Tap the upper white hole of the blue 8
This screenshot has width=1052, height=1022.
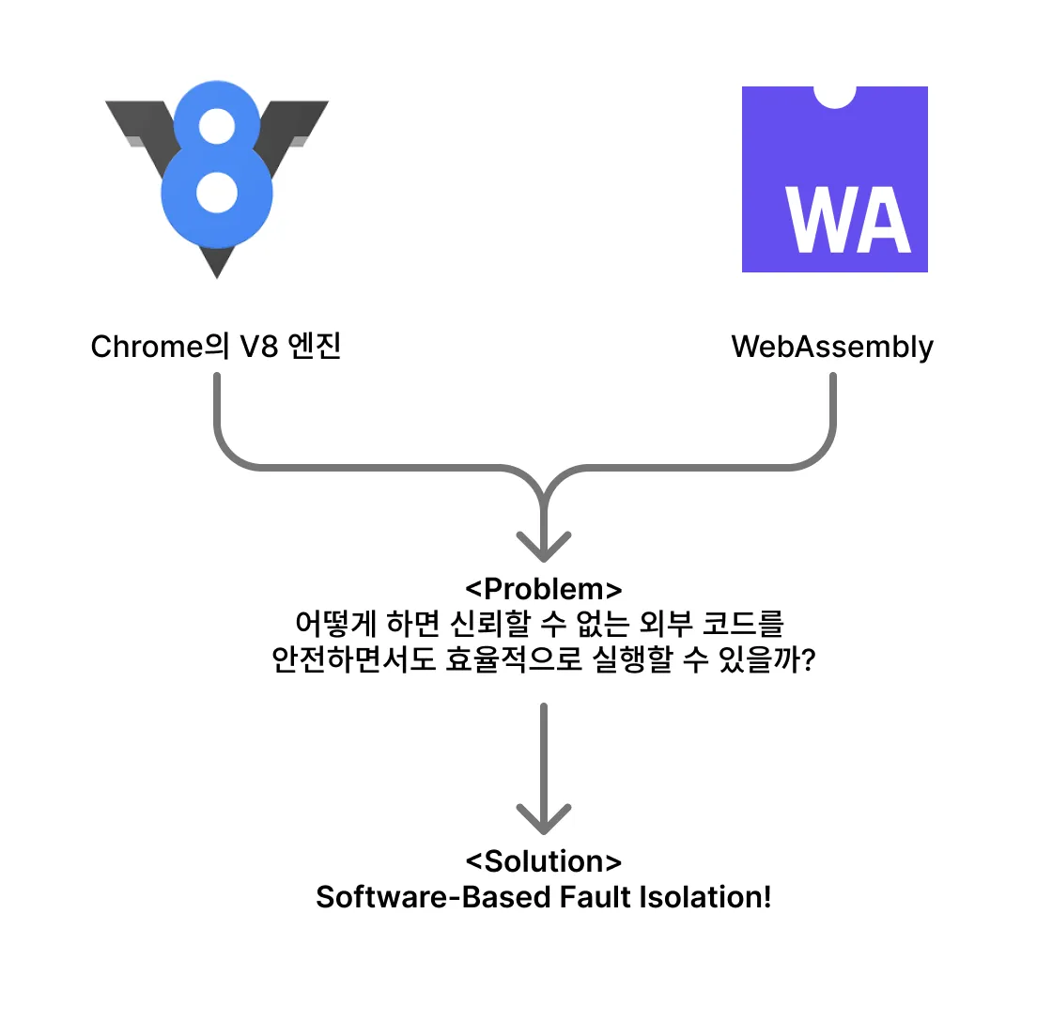217,126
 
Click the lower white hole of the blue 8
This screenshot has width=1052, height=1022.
217,192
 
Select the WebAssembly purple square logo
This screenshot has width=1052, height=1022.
835,179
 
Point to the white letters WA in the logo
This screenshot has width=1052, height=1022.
848,220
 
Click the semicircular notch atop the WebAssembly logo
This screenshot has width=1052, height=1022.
835,97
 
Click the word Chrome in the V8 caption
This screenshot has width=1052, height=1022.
147,347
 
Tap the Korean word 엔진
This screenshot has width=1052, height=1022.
314,347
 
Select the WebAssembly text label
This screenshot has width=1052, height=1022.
832,348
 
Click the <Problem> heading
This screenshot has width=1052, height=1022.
544,589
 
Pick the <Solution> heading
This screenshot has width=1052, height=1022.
544,861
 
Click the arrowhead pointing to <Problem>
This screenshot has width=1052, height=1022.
544,547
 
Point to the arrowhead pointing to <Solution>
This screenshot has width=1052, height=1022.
544,819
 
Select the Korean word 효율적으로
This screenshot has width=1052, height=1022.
513,659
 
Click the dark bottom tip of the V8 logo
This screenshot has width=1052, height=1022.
217,276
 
